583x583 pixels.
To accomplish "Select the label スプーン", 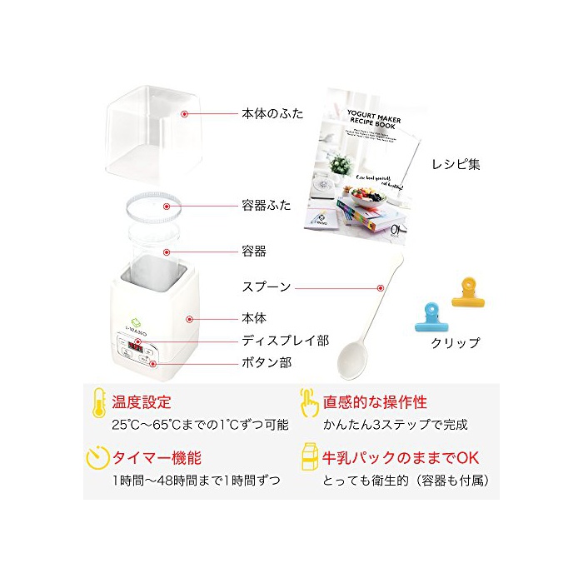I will (x=267, y=287).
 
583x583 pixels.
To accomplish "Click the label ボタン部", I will (x=267, y=362).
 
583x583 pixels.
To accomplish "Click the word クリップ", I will (x=456, y=343).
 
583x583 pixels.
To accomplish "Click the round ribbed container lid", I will (x=149, y=206).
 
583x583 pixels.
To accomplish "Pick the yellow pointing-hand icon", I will (x=309, y=403).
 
